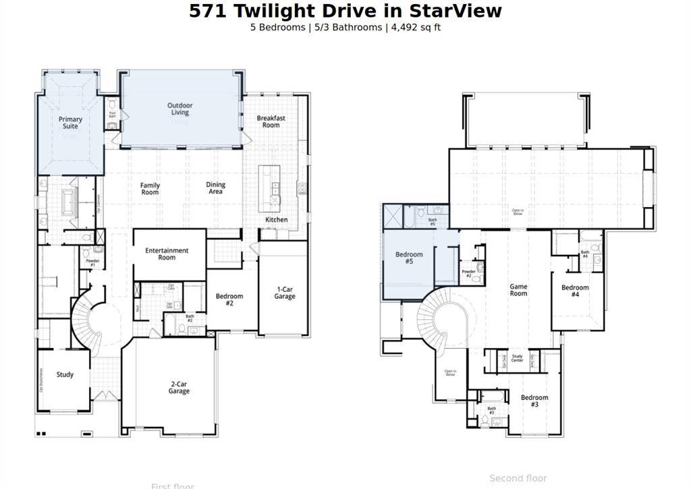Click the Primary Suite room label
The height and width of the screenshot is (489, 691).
click(x=70, y=123)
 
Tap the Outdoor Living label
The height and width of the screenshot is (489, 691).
click(x=180, y=109)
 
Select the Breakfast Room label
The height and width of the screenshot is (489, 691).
click(x=271, y=121)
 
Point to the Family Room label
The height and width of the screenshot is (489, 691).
click(x=150, y=189)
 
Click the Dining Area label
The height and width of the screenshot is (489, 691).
click(x=215, y=188)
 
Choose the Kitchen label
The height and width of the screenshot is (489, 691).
click(x=276, y=220)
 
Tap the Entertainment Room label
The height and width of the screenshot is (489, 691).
click(x=167, y=254)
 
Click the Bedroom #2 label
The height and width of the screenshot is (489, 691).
click(x=229, y=299)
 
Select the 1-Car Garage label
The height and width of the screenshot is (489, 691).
click(x=284, y=293)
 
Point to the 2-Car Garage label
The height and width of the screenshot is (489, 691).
click(x=179, y=387)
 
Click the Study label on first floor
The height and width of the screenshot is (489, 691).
click(x=65, y=375)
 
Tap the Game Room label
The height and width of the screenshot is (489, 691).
click(x=518, y=290)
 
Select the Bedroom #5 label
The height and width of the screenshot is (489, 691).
click(x=409, y=258)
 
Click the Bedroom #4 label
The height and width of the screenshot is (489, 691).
click(x=575, y=291)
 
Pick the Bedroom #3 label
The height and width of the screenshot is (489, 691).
click(x=534, y=401)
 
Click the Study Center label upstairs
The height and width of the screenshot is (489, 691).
click(x=518, y=359)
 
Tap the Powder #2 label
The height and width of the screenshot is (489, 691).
click(x=468, y=274)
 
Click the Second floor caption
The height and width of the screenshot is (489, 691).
click(x=518, y=478)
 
